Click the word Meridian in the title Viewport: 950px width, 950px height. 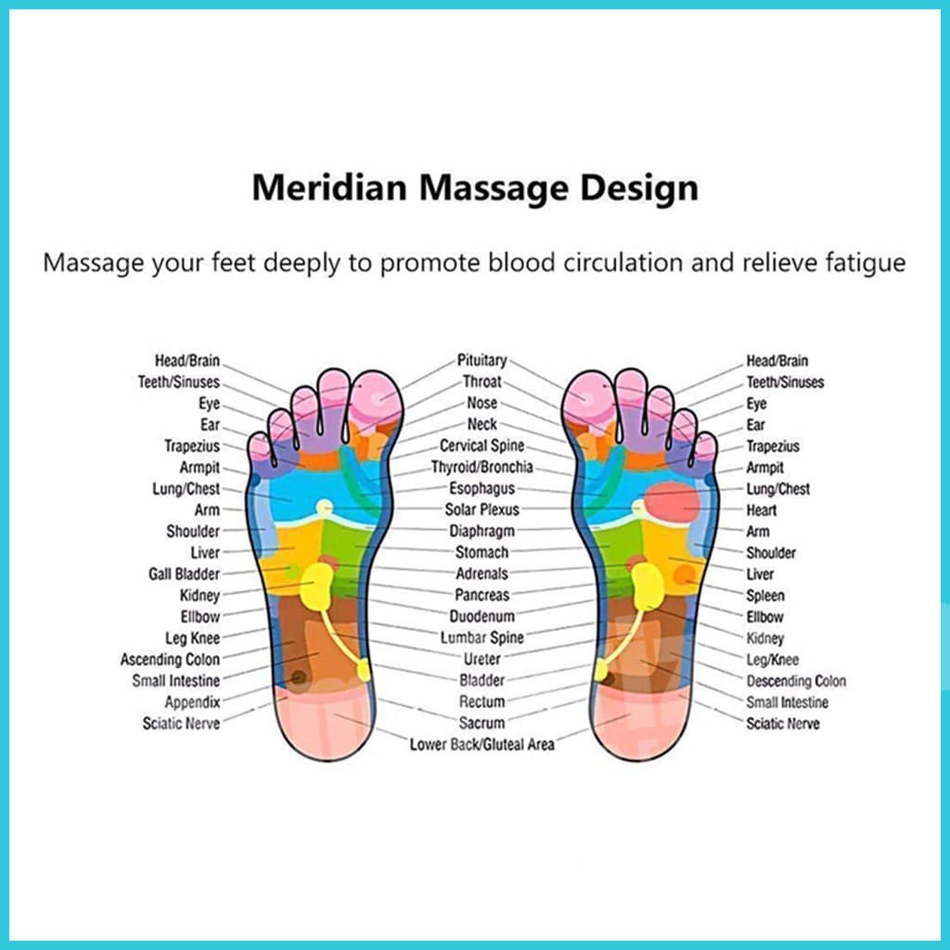pyautogui.click(x=327, y=188)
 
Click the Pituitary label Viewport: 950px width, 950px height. pyautogui.click(x=481, y=360)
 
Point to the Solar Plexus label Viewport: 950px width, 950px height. pyautogui.click(x=481, y=509)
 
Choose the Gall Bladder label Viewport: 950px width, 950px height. pyautogui.click(x=184, y=574)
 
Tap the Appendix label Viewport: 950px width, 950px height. pyautogui.click(x=192, y=702)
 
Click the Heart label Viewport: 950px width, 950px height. pyautogui.click(x=762, y=510)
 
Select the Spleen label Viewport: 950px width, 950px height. pyautogui.click(x=765, y=596)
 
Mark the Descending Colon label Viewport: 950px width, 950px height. pyautogui.click(x=796, y=681)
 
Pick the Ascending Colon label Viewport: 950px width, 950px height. pyautogui.click(x=170, y=660)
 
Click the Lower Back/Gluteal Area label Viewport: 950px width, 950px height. pyautogui.click(x=481, y=744)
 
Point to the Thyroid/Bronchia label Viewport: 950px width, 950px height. pyautogui.click(x=481, y=467)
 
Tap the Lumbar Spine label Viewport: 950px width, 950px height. pyautogui.click(x=481, y=637)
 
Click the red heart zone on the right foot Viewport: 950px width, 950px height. pyautogui.click(x=670, y=503)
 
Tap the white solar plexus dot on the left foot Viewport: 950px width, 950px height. pyautogui.click(x=324, y=507)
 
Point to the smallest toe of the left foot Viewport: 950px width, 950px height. pyautogui.click(x=259, y=448)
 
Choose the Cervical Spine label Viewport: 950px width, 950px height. pyautogui.click(x=481, y=445)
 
